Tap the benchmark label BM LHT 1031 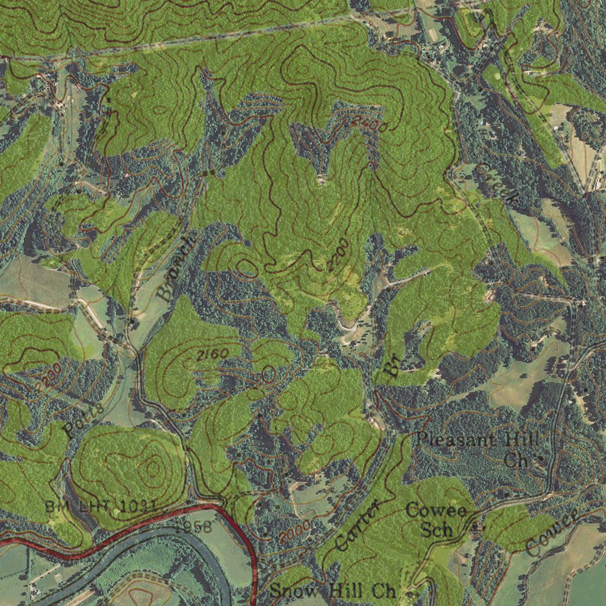click(101, 506)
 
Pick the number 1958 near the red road click(192, 526)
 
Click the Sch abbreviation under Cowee click(436, 529)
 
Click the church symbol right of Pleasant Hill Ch click(539, 459)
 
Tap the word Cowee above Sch click(436, 510)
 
